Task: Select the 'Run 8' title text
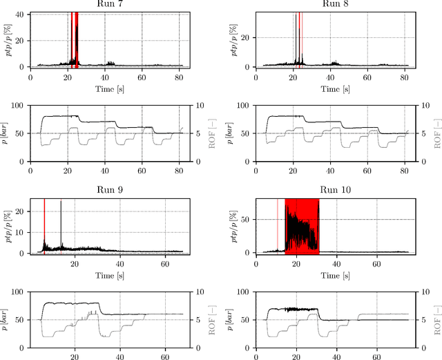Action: (331, 5)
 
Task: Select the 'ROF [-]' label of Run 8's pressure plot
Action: (436, 133)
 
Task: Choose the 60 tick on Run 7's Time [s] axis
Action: (142, 78)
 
